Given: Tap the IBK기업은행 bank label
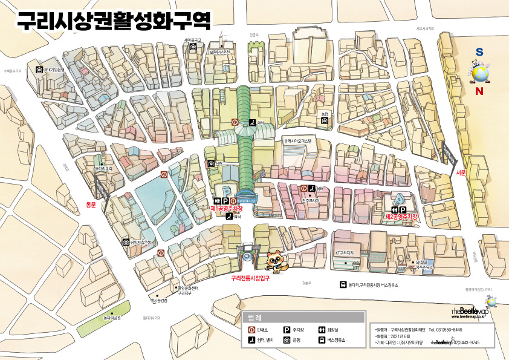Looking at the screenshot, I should point(54,70).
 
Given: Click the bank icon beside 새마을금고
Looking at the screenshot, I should point(193,47).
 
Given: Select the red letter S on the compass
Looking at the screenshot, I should point(479,53).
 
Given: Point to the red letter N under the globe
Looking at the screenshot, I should point(479,92).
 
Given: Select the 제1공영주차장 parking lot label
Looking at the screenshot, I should point(230,208).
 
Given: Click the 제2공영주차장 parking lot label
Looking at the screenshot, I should point(402,216).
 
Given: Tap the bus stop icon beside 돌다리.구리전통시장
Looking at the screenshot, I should point(343,285).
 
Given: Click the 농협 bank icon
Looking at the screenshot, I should point(325,120).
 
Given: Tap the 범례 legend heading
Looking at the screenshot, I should point(254,318).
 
